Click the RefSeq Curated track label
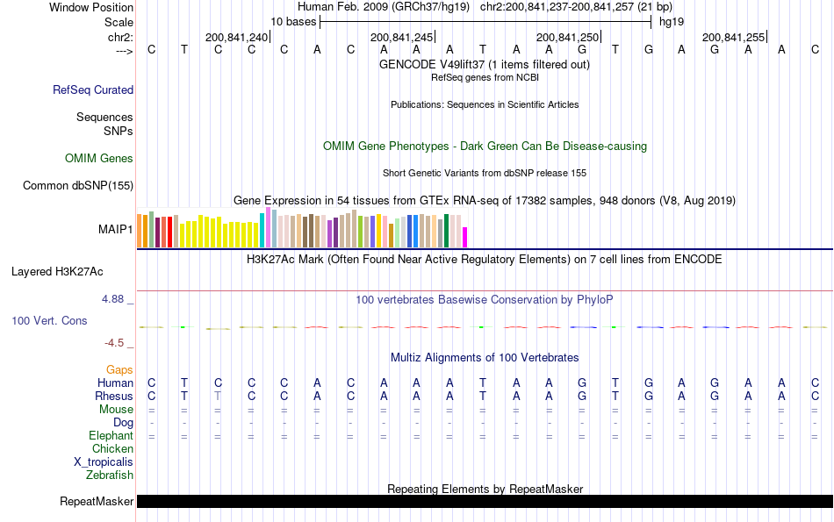[x=93, y=89]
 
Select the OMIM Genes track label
[x=99, y=159]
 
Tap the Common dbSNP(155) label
[x=78, y=185]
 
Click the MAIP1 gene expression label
[x=116, y=230]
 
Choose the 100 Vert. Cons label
[x=49, y=321]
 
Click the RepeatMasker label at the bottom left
[x=97, y=502]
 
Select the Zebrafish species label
[x=110, y=476]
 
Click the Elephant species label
[x=111, y=436]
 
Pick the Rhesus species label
[x=113, y=397]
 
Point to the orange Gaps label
[x=119, y=370]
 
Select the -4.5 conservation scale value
[x=117, y=343]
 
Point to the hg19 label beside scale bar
[x=672, y=21]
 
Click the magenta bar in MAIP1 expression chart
[x=465, y=237]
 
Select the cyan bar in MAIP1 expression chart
[x=262, y=230]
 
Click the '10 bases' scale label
[x=293, y=21]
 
